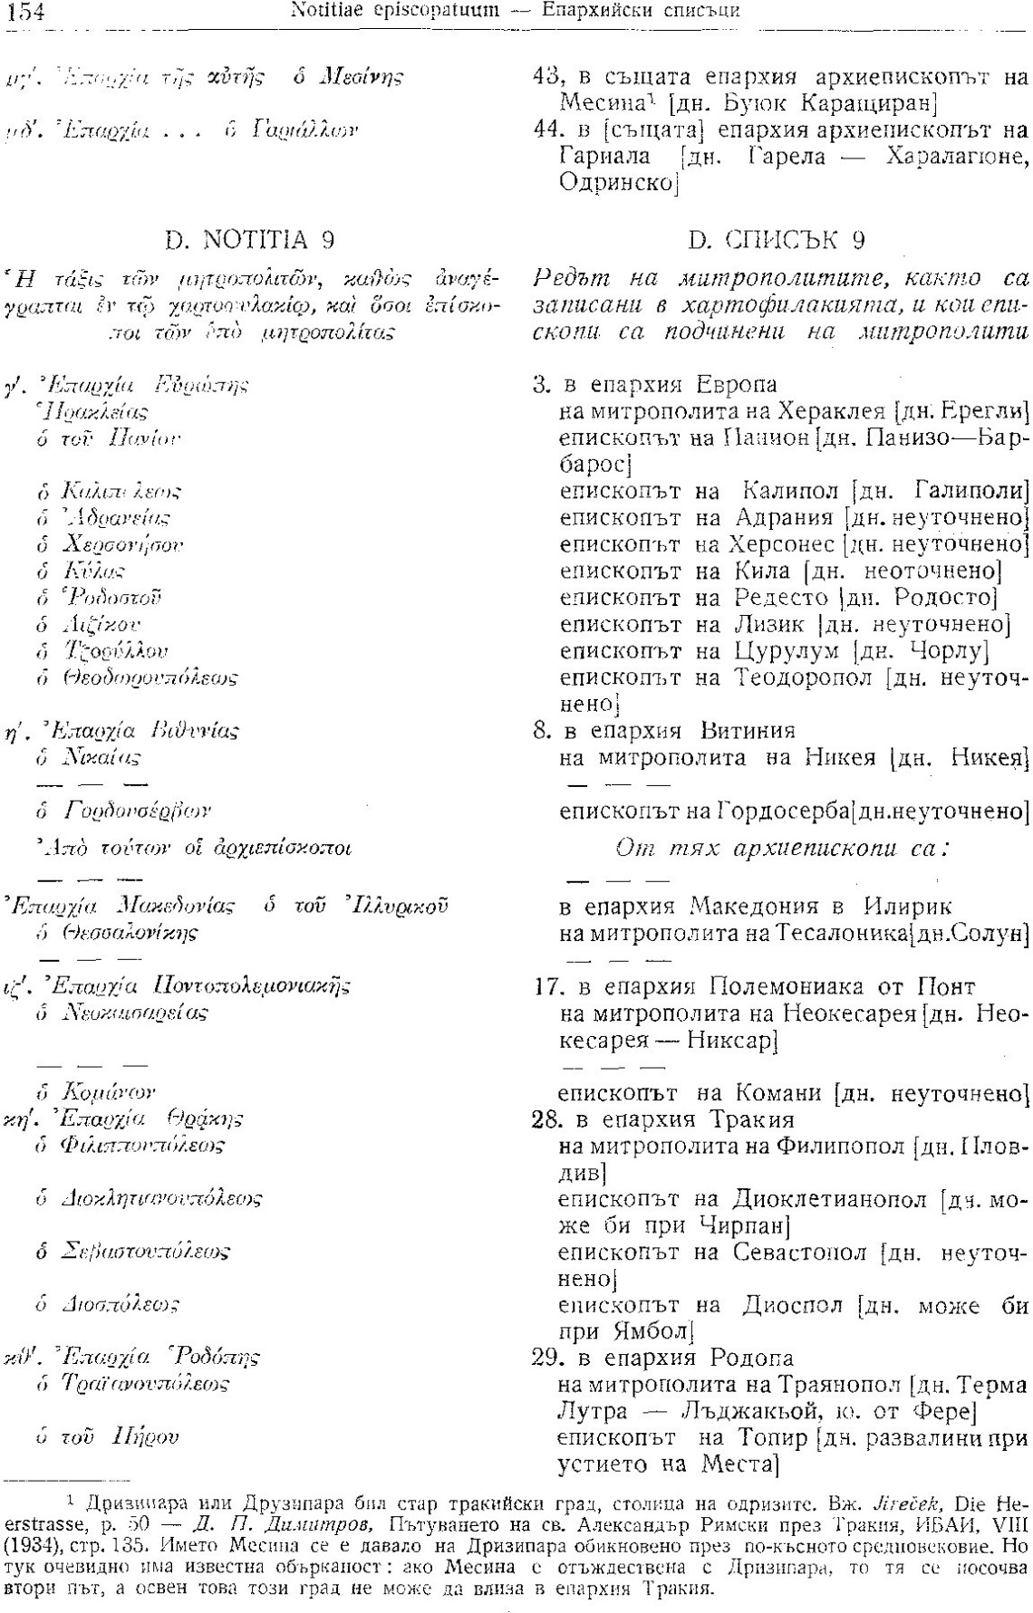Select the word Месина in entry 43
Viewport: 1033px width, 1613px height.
pyautogui.click(x=595, y=101)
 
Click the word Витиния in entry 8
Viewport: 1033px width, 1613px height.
pyautogui.click(x=748, y=731)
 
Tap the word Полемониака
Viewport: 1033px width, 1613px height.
pyautogui.click(x=783, y=985)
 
